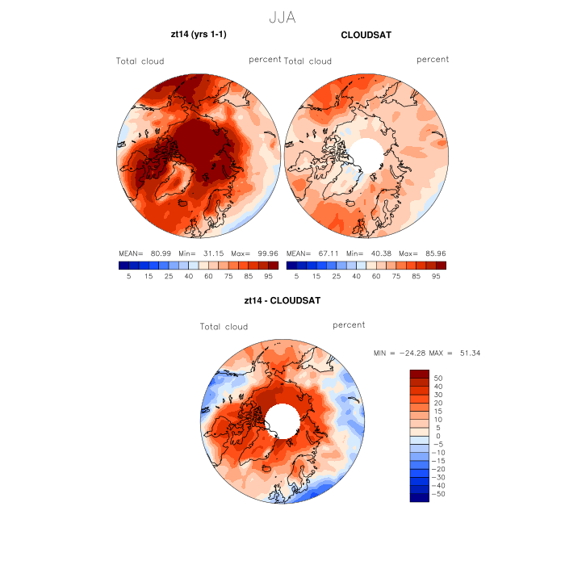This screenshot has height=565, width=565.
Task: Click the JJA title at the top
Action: [282, 17]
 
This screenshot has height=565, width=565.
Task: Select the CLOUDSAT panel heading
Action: [366, 35]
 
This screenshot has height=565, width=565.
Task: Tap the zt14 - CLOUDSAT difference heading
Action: [282, 301]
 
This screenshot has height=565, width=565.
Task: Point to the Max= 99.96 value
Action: [257, 253]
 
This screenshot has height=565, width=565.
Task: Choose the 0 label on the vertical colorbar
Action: [436, 436]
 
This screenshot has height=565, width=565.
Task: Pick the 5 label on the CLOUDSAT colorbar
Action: [296, 276]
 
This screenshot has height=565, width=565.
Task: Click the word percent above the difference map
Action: [349, 324]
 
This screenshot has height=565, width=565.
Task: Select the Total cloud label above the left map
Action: [140, 61]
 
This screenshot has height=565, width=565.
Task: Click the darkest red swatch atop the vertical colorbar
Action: [419, 374]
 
